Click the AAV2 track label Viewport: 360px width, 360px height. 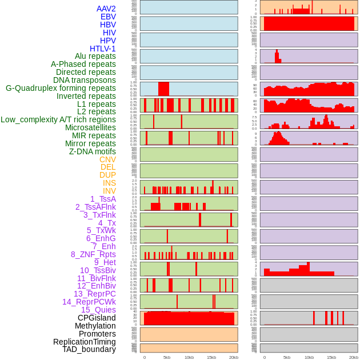[x=106, y=9]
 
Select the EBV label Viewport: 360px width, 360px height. [x=108, y=17]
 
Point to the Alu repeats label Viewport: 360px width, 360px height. [x=95, y=56]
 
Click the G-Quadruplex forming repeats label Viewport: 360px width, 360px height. [x=61, y=88]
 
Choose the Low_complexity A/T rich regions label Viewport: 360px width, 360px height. [x=58, y=119]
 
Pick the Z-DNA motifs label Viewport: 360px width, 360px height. [x=93, y=151]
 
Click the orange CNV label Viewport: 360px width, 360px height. [x=107, y=159]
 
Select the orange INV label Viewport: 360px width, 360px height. [x=109, y=191]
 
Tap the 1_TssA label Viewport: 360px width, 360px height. [x=103, y=199]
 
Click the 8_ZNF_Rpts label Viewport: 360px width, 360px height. [x=93, y=254]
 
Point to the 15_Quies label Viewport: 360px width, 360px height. [x=98, y=310]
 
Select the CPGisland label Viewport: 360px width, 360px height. [x=97, y=318]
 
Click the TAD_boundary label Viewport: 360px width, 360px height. [x=89, y=349]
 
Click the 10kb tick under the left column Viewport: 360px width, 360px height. [x=189, y=357]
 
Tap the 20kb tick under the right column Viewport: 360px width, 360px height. [x=354, y=357]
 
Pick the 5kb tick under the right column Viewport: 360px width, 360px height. [x=287, y=357]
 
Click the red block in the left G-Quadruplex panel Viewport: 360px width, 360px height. [x=163, y=89]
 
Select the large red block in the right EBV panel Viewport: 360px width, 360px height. [x=309, y=24]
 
